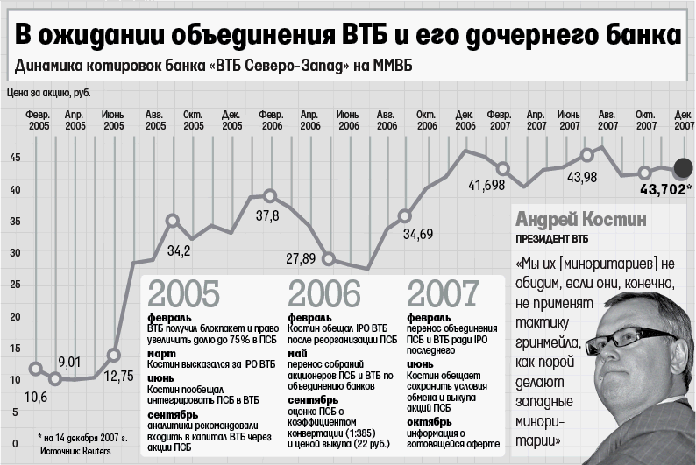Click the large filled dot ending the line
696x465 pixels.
[683, 168]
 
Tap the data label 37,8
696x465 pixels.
[267, 216]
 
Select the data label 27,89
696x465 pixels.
[301, 258]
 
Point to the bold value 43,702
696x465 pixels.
[663, 190]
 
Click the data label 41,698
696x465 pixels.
[486, 185]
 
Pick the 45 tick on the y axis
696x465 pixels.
[15, 158]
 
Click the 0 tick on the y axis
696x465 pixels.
[16, 443]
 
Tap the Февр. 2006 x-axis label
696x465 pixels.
[271, 120]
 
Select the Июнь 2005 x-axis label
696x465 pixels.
[113, 120]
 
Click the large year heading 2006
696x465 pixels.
[324, 293]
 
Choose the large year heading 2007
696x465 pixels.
[443, 293]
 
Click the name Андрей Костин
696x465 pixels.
[581, 220]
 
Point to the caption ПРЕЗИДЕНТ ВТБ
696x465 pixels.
[551, 239]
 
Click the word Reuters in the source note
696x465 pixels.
[96, 451]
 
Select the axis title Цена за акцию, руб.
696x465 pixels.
[49, 93]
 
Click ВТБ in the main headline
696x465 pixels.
[364, 34]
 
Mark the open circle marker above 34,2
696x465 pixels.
[172, 221]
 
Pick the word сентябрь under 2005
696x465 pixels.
[172, 415]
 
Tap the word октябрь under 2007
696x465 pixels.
[429, 422]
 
